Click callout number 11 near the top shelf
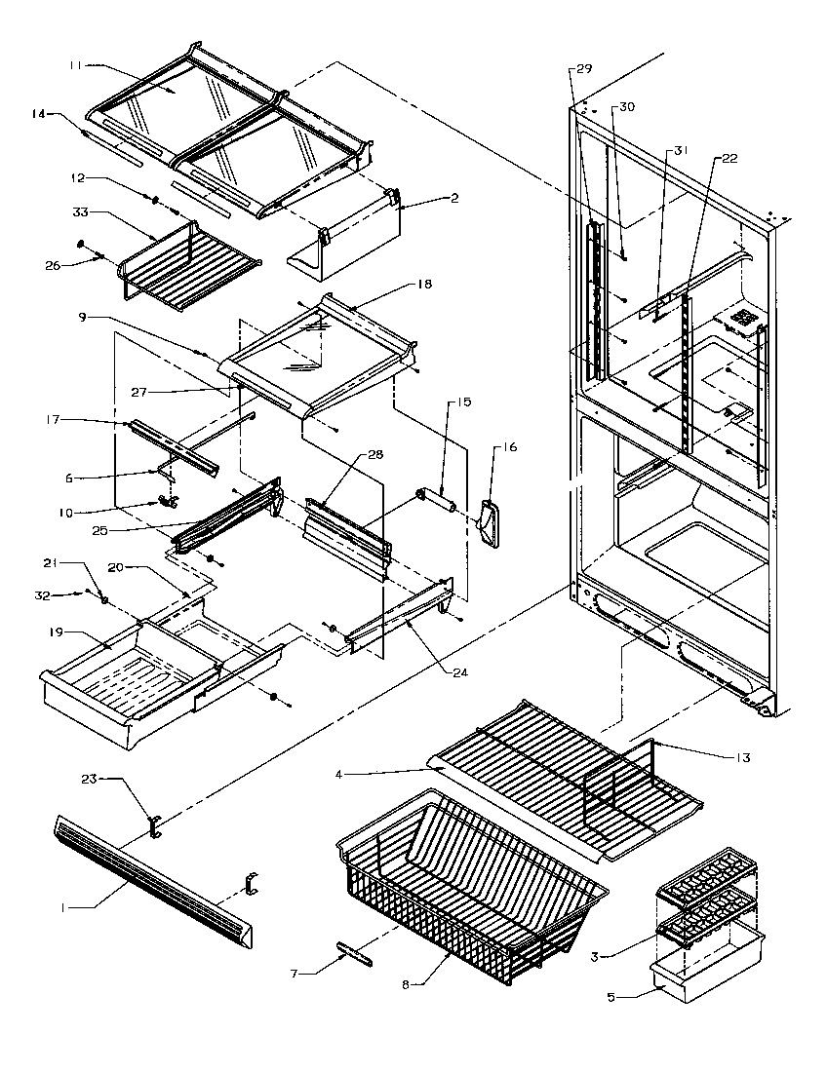pyautogui.click(x=74, y=64)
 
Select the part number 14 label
pyautogui.click(x=39, y=113)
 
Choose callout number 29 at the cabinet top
pyautogui.click(x=584, y=69)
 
